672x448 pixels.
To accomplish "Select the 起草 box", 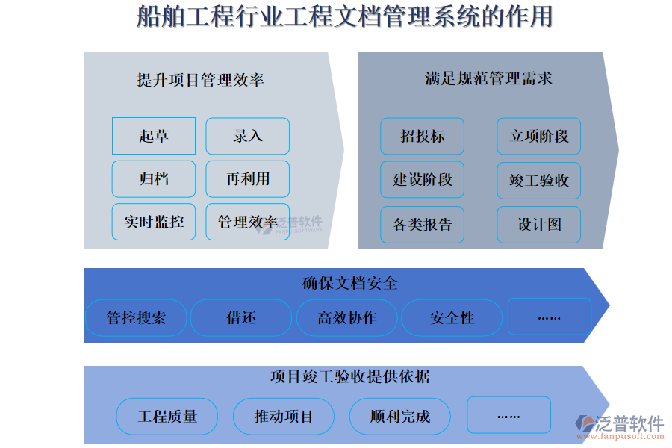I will coord(154,136).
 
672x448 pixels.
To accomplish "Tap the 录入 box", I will coord(248,136).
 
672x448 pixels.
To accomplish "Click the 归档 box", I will coord(154,179).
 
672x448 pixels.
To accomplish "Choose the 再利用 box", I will coord(248,179).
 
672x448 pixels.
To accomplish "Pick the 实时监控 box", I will coord(154,222).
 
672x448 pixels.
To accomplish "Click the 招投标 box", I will coord(422,136).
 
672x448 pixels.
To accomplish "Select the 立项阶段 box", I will coord(539,136).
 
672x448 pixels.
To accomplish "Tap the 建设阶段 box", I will coord(422,180).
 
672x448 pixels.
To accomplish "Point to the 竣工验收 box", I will coord(539,180).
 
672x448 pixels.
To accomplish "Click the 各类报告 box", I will coord(422,224).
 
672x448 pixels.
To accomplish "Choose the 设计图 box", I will coord(539,224).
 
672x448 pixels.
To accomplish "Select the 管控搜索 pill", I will coord(136,318).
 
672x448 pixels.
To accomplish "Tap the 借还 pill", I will coord(241,318).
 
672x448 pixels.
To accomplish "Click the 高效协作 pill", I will coord(347,318).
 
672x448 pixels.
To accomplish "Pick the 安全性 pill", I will coord(452,318).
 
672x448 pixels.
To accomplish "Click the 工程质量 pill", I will coord(167,417).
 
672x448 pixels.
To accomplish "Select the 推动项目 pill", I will coord(284,417).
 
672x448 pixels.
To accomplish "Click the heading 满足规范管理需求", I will coord(488,78).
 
